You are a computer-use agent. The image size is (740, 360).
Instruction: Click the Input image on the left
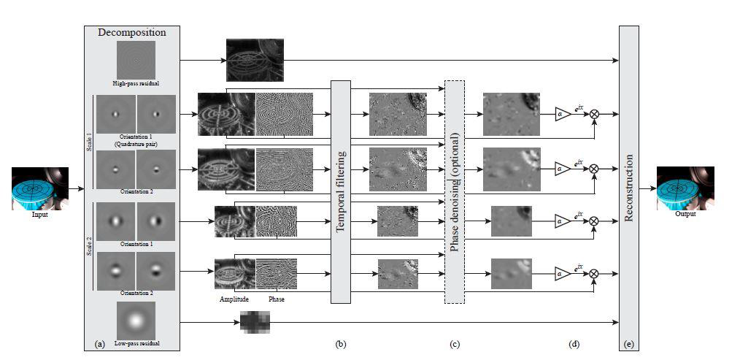point(40,188)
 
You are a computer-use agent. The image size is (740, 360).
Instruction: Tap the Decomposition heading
point(132,32)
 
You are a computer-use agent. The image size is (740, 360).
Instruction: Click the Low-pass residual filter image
point(135,319)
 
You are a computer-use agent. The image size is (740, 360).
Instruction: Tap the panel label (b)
point(340,343)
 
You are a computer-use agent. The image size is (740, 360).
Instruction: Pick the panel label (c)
point(454,343)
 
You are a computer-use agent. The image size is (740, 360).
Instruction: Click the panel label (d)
point(574,343)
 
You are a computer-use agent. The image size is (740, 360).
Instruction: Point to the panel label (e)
point(629,343)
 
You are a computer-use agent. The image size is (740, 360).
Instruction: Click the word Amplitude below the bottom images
point(234,299)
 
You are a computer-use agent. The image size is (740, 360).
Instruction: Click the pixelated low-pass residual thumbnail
point(255,321)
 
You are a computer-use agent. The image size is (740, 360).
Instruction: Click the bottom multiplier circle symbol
point(594,274)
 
